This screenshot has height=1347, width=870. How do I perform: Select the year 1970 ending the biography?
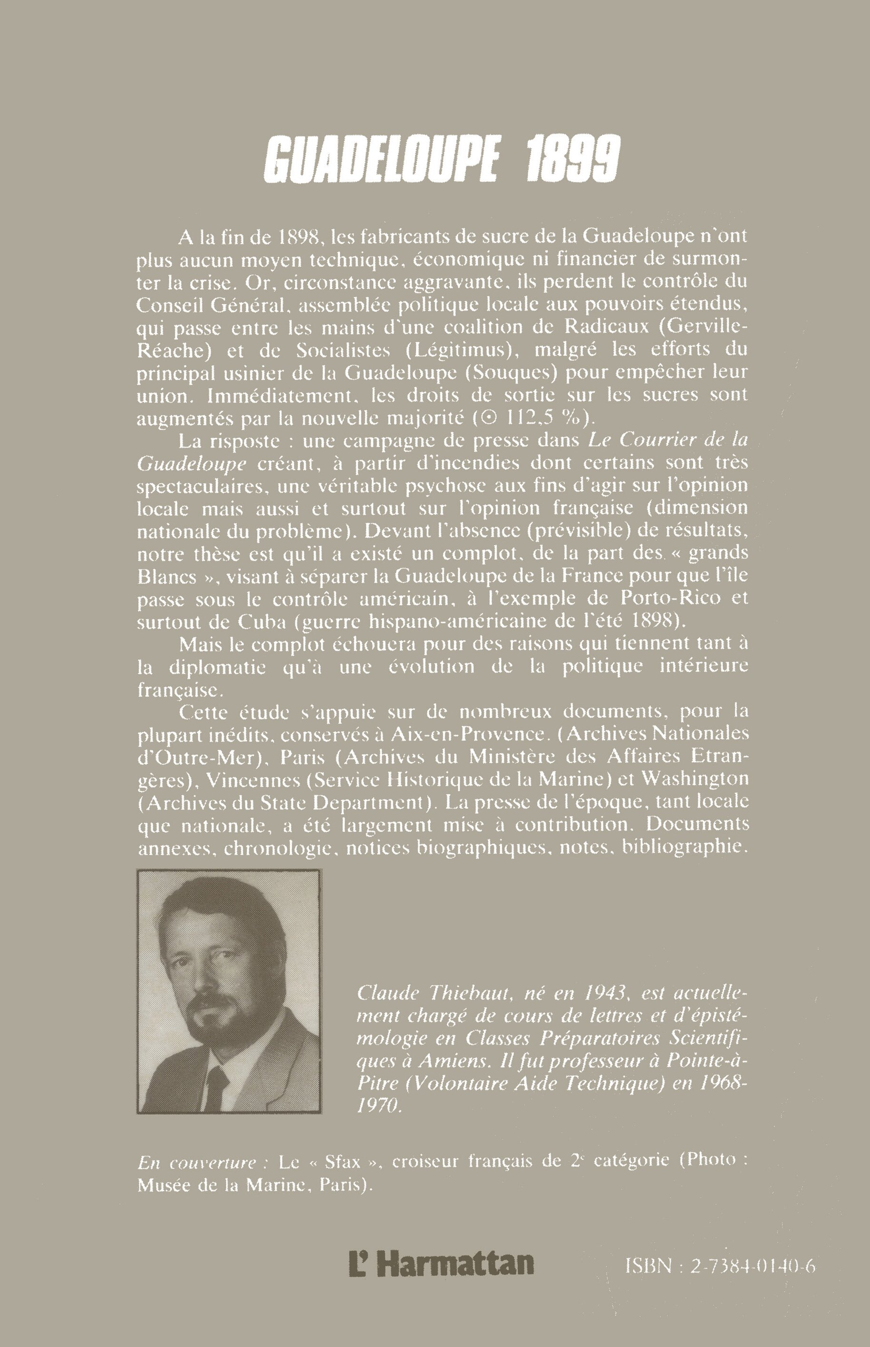(379, 1106)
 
